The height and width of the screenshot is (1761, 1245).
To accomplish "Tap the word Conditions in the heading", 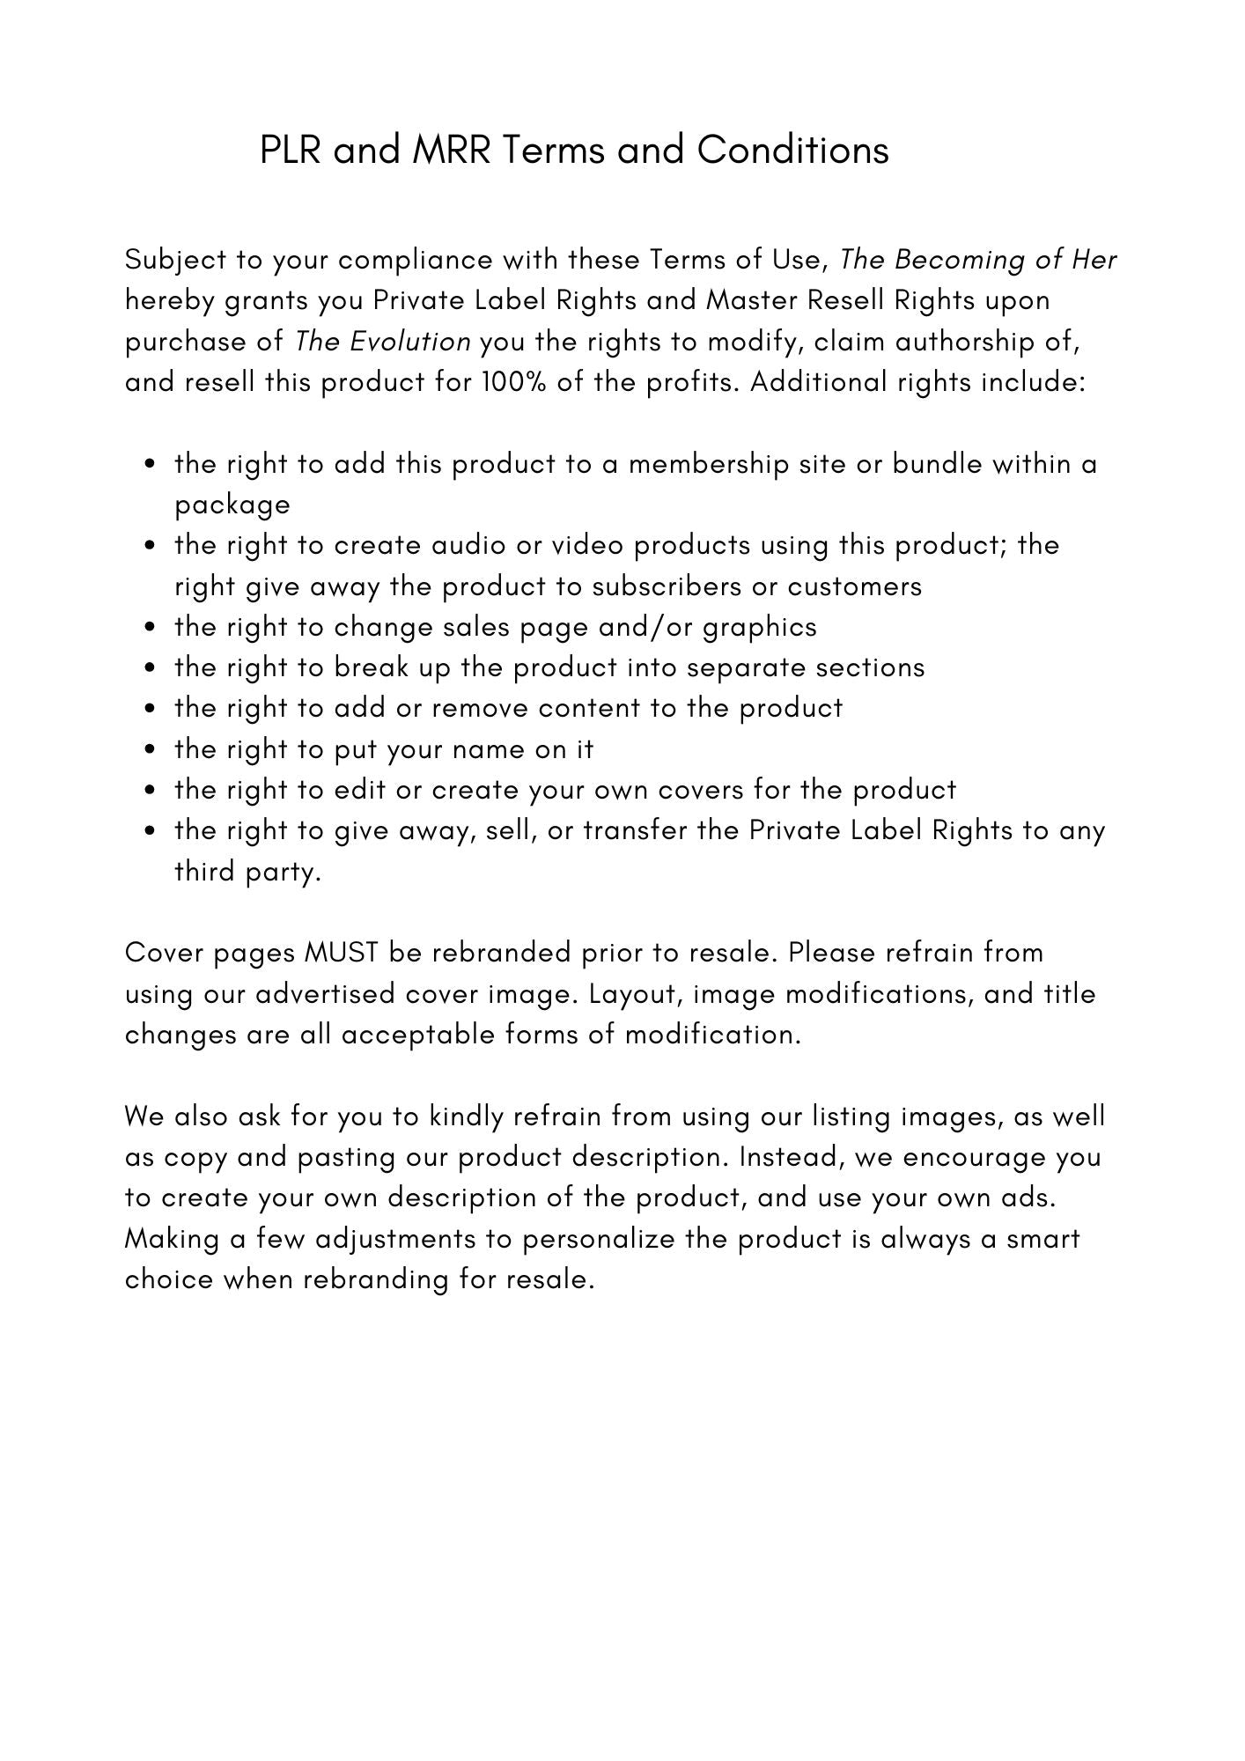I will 792,151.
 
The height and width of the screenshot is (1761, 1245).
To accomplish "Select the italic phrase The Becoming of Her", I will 977,260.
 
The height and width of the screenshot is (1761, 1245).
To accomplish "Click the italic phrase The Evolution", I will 382,341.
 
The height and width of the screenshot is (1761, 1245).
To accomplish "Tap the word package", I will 232,505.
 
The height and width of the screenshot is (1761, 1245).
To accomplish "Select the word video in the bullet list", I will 588,546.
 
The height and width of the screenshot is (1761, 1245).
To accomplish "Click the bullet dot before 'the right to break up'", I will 152,668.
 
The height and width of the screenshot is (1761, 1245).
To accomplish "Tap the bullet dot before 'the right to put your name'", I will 152,750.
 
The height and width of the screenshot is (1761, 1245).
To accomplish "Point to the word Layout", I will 634,994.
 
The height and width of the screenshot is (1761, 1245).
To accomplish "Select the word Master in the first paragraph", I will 749,300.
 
